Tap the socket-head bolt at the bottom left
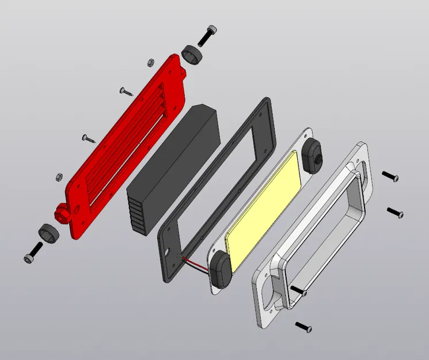coord(33,252)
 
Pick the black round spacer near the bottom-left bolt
coord(48,233)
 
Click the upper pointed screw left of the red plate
coord(126,90)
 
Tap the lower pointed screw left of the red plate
coord(88,138)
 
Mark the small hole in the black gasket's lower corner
coord(168,253)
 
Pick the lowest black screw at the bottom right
coord(303,327)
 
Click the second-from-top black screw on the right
coord(395,213)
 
